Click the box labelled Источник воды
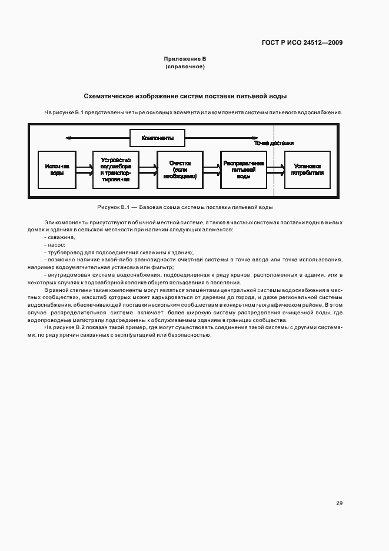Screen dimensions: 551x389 [x=58, y=170]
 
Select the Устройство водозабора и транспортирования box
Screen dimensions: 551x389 [x=116, y=170]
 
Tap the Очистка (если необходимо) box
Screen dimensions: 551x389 [x=180, y=170]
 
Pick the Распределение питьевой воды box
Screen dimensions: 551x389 [x=243, y=170]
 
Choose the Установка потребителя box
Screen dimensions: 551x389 [x=307, y=170]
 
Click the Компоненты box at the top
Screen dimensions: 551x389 [x=157, y=138]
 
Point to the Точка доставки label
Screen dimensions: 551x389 [x=274, y=143]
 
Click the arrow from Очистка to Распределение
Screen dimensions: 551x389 [x=212, y=170]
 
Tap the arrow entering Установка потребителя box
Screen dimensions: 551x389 [x=275, y=170]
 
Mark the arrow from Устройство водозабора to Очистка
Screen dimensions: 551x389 [x=148, y=170]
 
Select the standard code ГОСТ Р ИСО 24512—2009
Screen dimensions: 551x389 [x=302, y=42]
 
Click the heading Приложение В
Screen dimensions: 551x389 [x=185, y=59]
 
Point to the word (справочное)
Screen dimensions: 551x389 [x=185, y=67]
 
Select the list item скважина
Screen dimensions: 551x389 [x=61, y=236]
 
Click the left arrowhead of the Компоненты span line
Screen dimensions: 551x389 [x=68, y=138]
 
